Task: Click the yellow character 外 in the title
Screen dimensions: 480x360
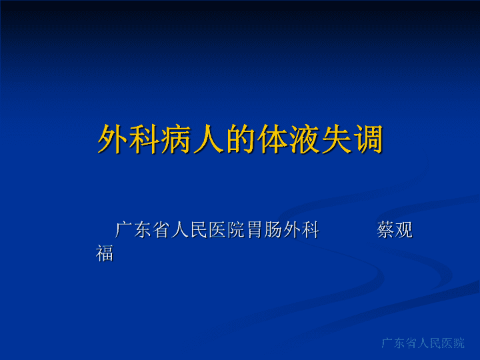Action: point(113,139)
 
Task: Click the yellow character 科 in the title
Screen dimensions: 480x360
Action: point(145,139)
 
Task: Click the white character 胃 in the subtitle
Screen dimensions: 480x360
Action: point(255,229)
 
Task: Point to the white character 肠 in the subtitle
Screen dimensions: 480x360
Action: point(273,229)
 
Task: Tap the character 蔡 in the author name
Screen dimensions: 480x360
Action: point(385,229)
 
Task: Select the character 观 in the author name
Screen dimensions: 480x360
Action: point(404,229)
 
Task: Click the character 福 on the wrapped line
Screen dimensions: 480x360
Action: point(105,253)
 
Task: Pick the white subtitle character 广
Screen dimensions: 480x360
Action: point(124,229)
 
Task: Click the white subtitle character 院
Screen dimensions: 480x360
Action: point(236,229)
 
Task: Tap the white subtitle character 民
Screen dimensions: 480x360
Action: point(199,229)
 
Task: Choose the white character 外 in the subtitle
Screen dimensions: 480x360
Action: point(292,229)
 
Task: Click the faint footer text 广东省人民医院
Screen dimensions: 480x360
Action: point(423,343)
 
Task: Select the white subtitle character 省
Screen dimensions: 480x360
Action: point(161,229)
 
